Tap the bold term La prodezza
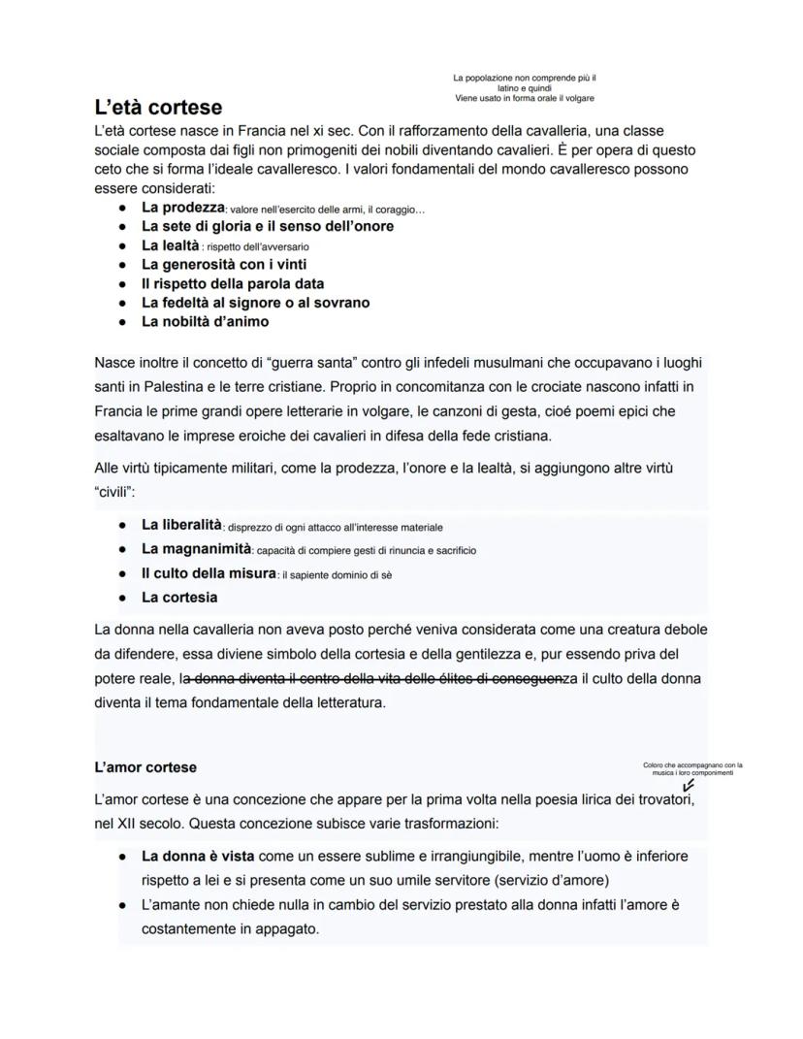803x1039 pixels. [182, 208]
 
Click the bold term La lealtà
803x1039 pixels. [170, 245]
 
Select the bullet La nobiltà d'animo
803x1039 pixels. [205, 321]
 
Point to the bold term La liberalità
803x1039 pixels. [181, 525]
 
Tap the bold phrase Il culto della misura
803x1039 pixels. [209, 573]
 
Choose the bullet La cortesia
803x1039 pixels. [179, 598]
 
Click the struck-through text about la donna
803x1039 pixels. [375, 678]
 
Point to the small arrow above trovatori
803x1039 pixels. [689, 786]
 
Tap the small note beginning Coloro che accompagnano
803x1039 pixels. [691, 768]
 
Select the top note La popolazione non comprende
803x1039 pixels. [524, 87]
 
